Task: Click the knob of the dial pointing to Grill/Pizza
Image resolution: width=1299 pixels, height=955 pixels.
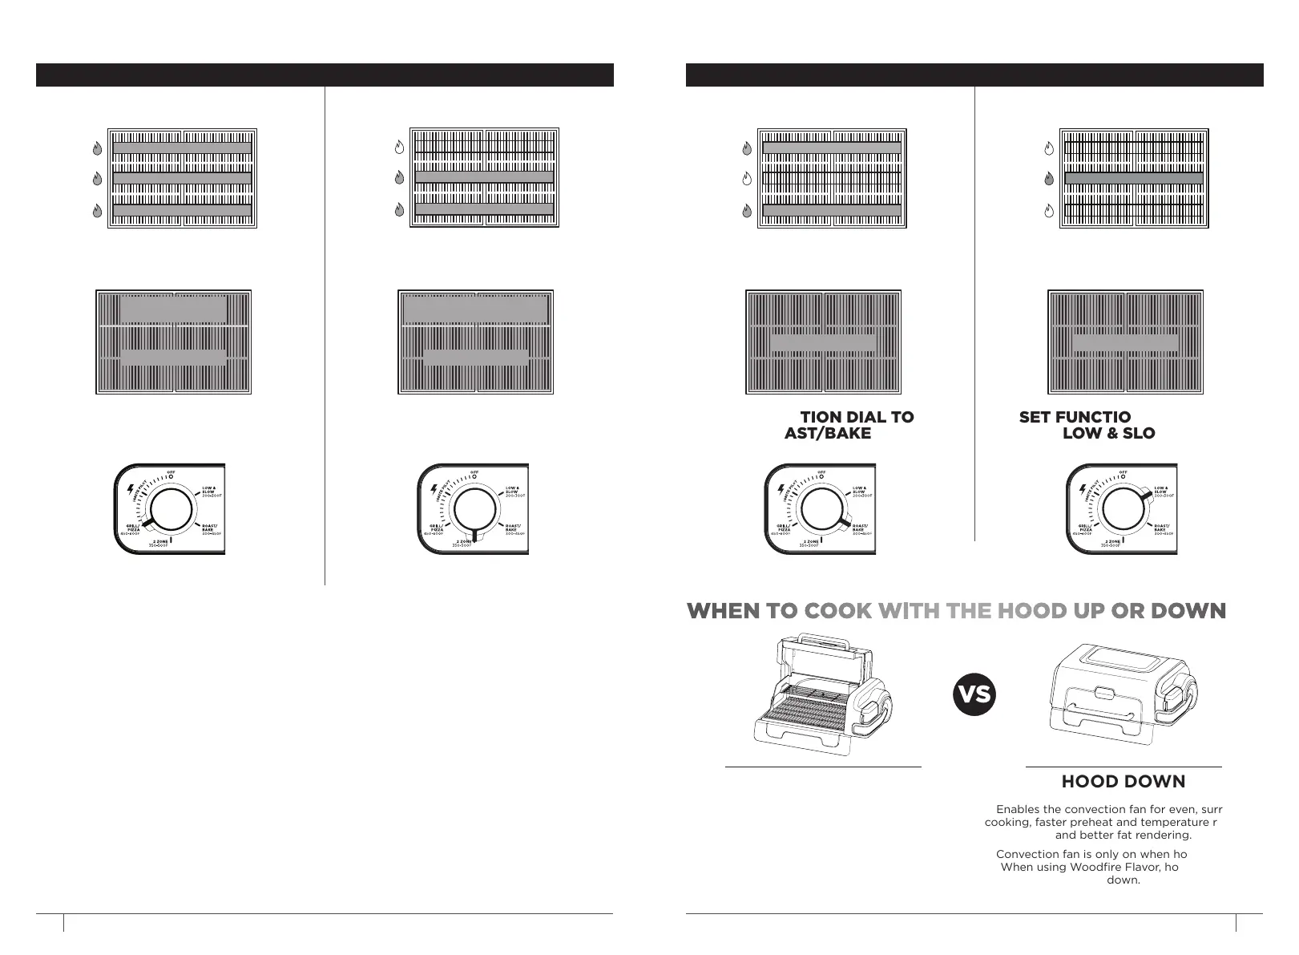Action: [x=170, y=509]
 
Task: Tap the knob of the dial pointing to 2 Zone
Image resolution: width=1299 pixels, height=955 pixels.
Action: [x=474, y=509]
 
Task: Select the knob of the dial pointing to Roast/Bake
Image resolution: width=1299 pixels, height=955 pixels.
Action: [x=822, y=509]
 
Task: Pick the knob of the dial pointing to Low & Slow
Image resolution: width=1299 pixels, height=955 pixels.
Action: [x=1124, y=509]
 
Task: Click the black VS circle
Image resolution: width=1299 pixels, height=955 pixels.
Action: [x=974, y=694]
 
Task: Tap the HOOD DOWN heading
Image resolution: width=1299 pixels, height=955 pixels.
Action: [x=1123, y=782]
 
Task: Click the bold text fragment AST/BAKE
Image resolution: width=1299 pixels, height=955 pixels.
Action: [x=827, y=433]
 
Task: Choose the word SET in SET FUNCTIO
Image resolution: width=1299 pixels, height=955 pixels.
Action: [x=1035, y=417]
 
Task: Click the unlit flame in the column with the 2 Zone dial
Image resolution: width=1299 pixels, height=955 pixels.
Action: [x=399, y=148]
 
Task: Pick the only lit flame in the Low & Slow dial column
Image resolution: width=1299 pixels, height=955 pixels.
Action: [x=1049, y=179]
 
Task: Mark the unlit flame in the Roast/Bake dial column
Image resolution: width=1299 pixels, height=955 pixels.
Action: [x=747, y=179]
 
